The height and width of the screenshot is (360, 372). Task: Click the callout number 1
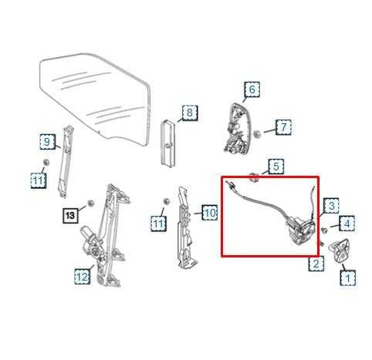(x=348, y=277)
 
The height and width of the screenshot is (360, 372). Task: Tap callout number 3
(x=330, y=206)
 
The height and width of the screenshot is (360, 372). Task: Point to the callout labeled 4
(x=348, y=224)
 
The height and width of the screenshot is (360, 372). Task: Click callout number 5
(x=276, y=166)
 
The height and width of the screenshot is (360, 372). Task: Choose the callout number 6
(x=251, y=90)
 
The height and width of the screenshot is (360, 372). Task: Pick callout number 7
(x=283, y=126)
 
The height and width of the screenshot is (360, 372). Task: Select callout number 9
(x=47, y=141)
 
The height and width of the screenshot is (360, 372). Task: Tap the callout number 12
(x=82, y=274)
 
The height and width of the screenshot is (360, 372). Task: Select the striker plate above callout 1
(x=337, y=251)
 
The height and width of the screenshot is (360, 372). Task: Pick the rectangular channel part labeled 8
(x=167, y=142)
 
